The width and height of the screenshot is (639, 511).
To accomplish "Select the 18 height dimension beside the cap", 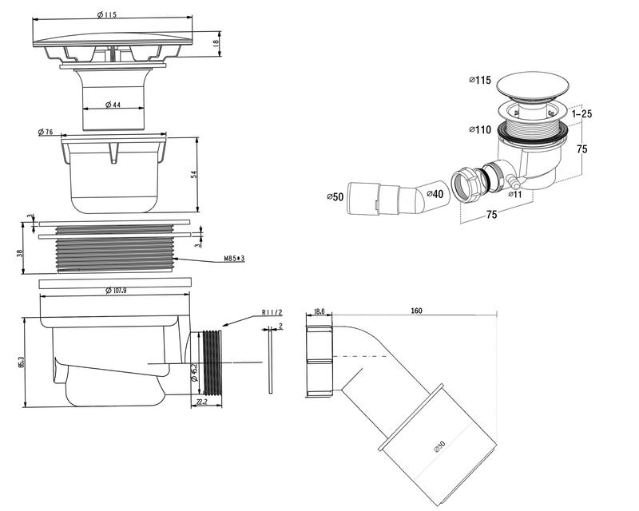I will click(x=216, y=44).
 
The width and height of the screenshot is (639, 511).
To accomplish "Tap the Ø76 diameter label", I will click(x=46, y=132).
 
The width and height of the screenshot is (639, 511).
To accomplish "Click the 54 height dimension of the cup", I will click(x=193, y=174).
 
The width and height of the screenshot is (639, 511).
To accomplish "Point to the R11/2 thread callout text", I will click(x=272, y=313).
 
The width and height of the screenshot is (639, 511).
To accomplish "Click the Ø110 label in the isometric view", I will click(x=481, y=129).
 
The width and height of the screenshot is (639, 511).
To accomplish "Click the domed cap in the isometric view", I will click(x=531, y=84).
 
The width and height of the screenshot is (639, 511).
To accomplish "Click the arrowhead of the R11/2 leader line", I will click(x=224, y=327).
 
